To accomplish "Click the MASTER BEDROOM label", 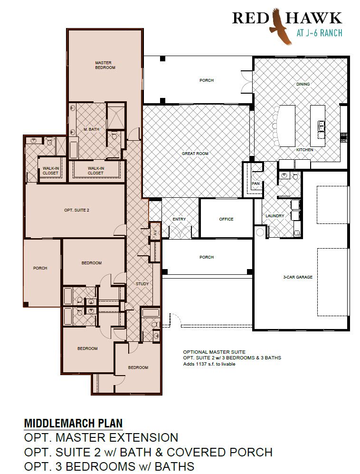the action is point(105,65).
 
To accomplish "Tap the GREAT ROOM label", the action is point(195,154).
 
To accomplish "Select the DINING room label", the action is point(303,84).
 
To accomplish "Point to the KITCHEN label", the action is point(305,150).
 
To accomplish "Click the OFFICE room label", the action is point(226,219).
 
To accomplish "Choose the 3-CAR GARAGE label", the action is point(298,277).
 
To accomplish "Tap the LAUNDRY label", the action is point(275,216).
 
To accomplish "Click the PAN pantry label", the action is point(256,184).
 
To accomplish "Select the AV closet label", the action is point(155,232).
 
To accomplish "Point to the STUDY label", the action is point(142,284).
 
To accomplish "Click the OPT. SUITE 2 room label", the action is point(77,210).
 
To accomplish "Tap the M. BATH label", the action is point(92,129).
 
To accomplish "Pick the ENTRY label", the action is point(179,219).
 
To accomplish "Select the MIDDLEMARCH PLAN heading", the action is point(74,423).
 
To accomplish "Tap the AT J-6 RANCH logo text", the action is point(319,33).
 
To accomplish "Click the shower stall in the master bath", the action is point(116,116).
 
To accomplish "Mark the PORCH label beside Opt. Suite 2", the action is point(40,268).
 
